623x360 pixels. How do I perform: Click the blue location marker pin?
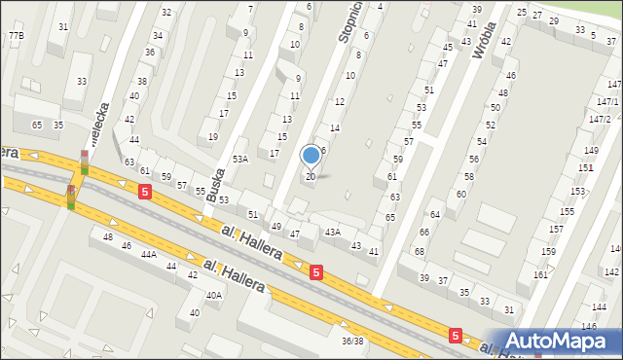point(311,155)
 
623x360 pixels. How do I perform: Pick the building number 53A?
point(240,159)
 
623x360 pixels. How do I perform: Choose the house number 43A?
point(333,232)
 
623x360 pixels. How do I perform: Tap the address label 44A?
point(148,253)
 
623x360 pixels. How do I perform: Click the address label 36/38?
point(351,341)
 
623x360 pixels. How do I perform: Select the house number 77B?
point(16,36)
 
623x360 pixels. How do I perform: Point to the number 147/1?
point(606,101)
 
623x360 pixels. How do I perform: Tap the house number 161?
point(540,275)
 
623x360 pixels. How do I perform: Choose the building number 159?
point(548,252)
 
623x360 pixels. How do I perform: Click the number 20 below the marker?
point(311,176)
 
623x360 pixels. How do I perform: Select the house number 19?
point(214,137)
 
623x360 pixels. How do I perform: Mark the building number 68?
point(419,252)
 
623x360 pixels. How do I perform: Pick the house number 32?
point(166,12)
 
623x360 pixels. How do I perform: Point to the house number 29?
point(554,20)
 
